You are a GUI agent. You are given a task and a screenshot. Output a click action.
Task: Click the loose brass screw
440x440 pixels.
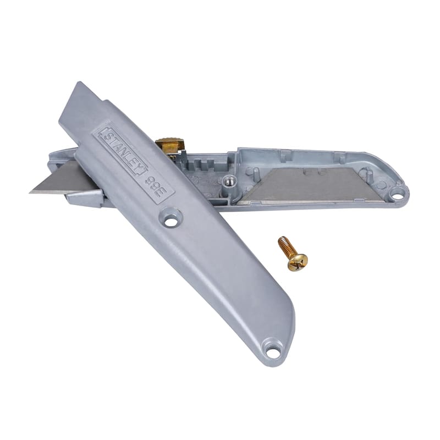click(x=293, y=253)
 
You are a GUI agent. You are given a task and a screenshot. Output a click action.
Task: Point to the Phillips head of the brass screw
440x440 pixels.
click(x=298, y=262)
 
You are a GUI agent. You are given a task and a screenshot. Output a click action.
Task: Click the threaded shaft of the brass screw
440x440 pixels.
click(x=285, y=245)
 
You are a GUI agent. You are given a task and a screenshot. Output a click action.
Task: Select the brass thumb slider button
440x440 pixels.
click(x=169, y=145)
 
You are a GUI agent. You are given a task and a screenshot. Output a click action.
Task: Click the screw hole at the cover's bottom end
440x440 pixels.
click(x=271, y=351)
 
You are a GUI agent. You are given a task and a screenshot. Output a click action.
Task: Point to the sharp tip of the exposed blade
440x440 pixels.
click(x=30, y=192)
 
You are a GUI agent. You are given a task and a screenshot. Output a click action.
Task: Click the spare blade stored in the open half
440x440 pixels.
click(x=311, y=185)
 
